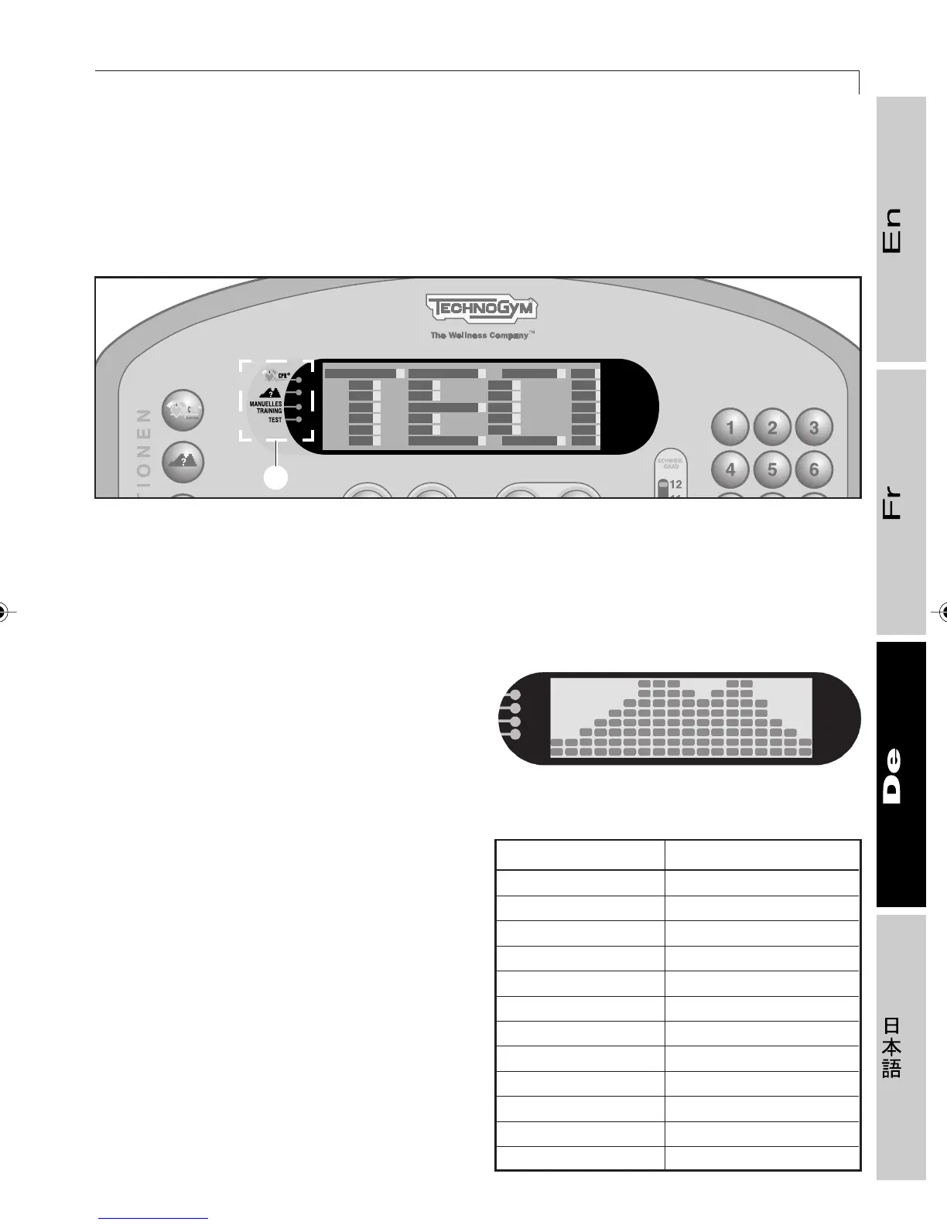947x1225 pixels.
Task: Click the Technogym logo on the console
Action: (x=481, y=309)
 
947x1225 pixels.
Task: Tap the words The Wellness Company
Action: (x=480, y=336)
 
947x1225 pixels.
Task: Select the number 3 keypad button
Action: (x=813, y=428)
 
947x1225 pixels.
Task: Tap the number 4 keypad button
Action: (x=730, y=469)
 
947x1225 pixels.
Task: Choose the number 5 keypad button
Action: (x=772, y=469)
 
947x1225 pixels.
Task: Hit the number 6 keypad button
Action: (x=813, y=469)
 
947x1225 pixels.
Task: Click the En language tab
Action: (x=901, y=229)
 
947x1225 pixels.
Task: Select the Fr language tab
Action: (x=901, y=503)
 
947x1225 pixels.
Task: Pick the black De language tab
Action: (x=901, y=774)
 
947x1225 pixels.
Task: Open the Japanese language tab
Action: (x=901, y=1047)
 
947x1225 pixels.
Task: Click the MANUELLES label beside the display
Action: (x=265, y=404)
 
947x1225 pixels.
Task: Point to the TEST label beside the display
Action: (x=275, y=420)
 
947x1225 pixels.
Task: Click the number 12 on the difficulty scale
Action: (x=675, y=485)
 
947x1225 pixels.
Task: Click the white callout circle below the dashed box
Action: (x=276, y=478)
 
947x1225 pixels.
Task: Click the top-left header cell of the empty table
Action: (x=579, y=855)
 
